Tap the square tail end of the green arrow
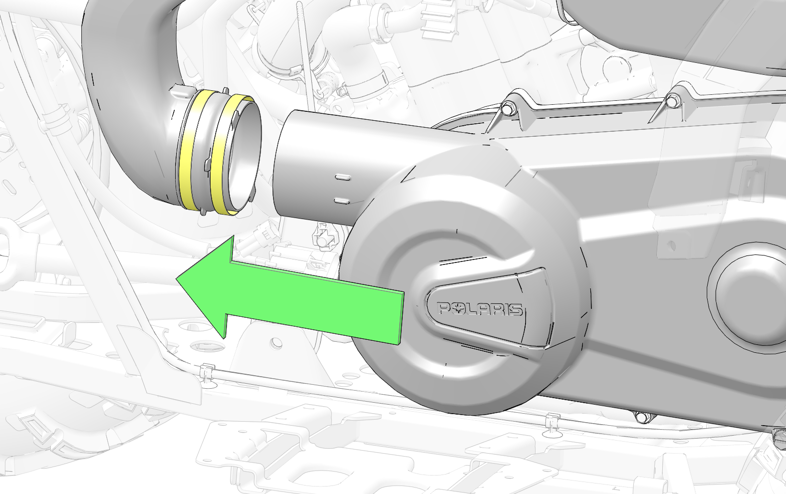tap(402, 317)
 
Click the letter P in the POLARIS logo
tap(445, 308)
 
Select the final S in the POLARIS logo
tap(516, 310)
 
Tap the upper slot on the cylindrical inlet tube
tap(342, 177)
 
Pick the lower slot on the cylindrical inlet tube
tap(342, 201)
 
